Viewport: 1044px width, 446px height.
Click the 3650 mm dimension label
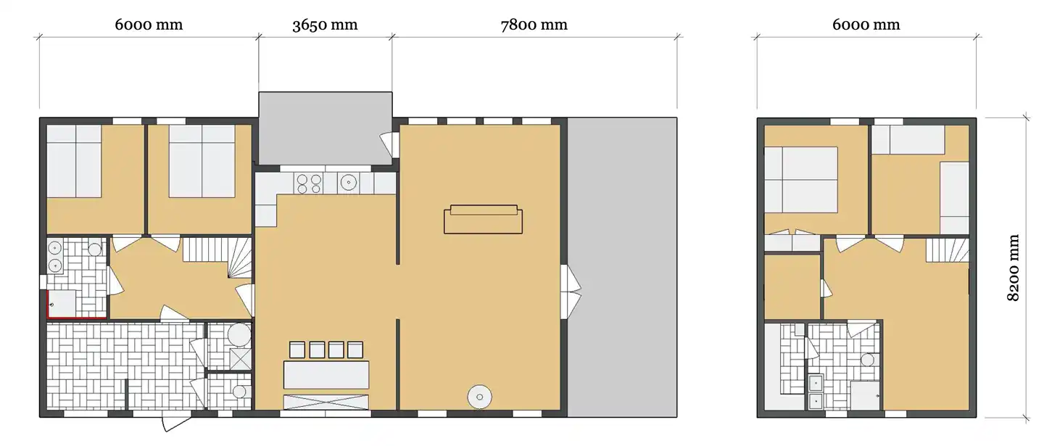pos(325,25)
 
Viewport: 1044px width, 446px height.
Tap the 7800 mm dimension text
pos(534,25)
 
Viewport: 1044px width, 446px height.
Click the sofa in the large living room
pos(483,219)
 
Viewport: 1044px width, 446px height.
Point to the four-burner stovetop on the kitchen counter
pos(309,183)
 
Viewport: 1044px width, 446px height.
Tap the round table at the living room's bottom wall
pos(480,397)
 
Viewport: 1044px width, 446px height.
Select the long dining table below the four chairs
pos(326,375)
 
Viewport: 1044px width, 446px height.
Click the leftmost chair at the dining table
pos(297,350)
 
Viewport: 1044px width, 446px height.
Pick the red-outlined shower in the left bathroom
pos(62,304)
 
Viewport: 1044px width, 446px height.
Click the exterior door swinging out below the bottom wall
pos(176,423)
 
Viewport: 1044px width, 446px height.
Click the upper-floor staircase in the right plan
pos(947,250)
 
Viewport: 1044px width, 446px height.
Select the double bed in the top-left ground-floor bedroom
pos(74,161)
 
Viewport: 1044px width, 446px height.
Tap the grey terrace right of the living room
pos(622,267)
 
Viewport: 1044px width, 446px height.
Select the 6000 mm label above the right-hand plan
pos(866,25)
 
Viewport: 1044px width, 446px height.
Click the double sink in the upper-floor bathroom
pos(816,392)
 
